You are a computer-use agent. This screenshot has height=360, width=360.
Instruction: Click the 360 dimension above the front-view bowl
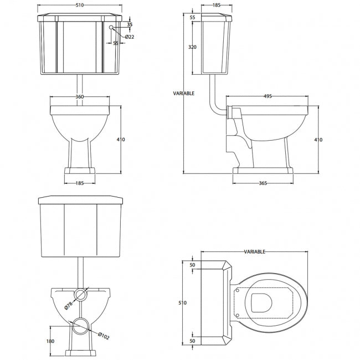80,96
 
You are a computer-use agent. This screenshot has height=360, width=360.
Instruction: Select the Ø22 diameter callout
128,37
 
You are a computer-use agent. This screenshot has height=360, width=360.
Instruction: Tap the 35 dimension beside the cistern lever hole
130,24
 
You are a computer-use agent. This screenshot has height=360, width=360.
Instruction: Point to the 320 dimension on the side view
192,48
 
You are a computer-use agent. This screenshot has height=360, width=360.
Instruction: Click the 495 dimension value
267,96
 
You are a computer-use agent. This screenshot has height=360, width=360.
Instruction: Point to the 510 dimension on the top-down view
183,302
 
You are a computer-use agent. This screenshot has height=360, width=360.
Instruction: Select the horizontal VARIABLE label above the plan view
255,251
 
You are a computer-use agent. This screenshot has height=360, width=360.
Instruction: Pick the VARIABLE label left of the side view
184,94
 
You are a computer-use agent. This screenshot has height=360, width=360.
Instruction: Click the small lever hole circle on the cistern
111,27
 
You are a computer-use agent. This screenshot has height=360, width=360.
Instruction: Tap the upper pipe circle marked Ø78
80,293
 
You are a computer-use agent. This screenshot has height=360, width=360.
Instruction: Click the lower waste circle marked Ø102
80,325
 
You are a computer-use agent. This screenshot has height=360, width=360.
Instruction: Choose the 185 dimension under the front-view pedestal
80,183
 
